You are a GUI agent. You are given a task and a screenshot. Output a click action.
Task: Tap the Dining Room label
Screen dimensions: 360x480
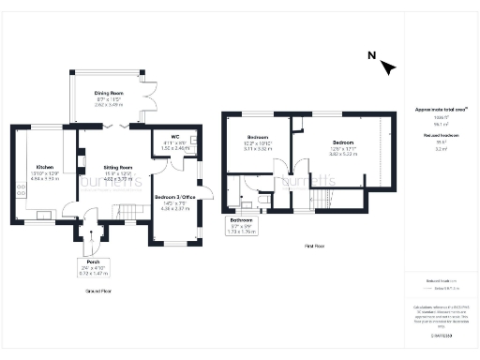110,93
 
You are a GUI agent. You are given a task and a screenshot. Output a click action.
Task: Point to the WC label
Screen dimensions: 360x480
174,137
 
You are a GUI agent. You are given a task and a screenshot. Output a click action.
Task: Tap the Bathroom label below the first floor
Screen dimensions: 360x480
242,221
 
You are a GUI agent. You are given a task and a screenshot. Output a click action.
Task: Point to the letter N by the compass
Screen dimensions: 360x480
372,55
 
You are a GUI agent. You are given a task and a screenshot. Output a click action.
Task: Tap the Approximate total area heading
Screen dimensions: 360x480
434,110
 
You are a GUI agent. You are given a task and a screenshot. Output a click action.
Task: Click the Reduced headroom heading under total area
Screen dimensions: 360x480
433,136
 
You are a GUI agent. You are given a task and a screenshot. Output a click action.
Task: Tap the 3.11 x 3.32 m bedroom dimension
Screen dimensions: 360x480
258,148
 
